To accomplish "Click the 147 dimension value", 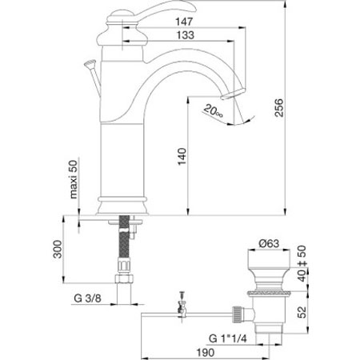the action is [184, 22].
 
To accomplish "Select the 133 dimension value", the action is [186, 35].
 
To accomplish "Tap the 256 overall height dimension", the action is [279, 107].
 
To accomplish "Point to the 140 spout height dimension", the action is [182, 157].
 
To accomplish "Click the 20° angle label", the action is [214, 111].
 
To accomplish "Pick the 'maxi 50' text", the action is [73, 179].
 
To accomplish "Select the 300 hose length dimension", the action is [58, 249].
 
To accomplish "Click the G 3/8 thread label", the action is [88, 298].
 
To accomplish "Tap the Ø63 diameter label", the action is [269, 243].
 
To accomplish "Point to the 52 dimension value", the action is [302, 312].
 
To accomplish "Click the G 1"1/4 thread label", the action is [228, 338].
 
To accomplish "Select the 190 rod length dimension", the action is [206, 353].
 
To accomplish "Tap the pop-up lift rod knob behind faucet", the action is [90, 64].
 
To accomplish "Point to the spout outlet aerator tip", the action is [232, 94].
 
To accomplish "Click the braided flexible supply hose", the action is [124, 237].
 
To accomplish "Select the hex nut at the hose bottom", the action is [124, 278].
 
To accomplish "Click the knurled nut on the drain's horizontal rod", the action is [238, 314].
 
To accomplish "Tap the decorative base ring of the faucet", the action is [122, 199].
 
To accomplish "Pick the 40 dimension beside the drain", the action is [302, 275].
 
